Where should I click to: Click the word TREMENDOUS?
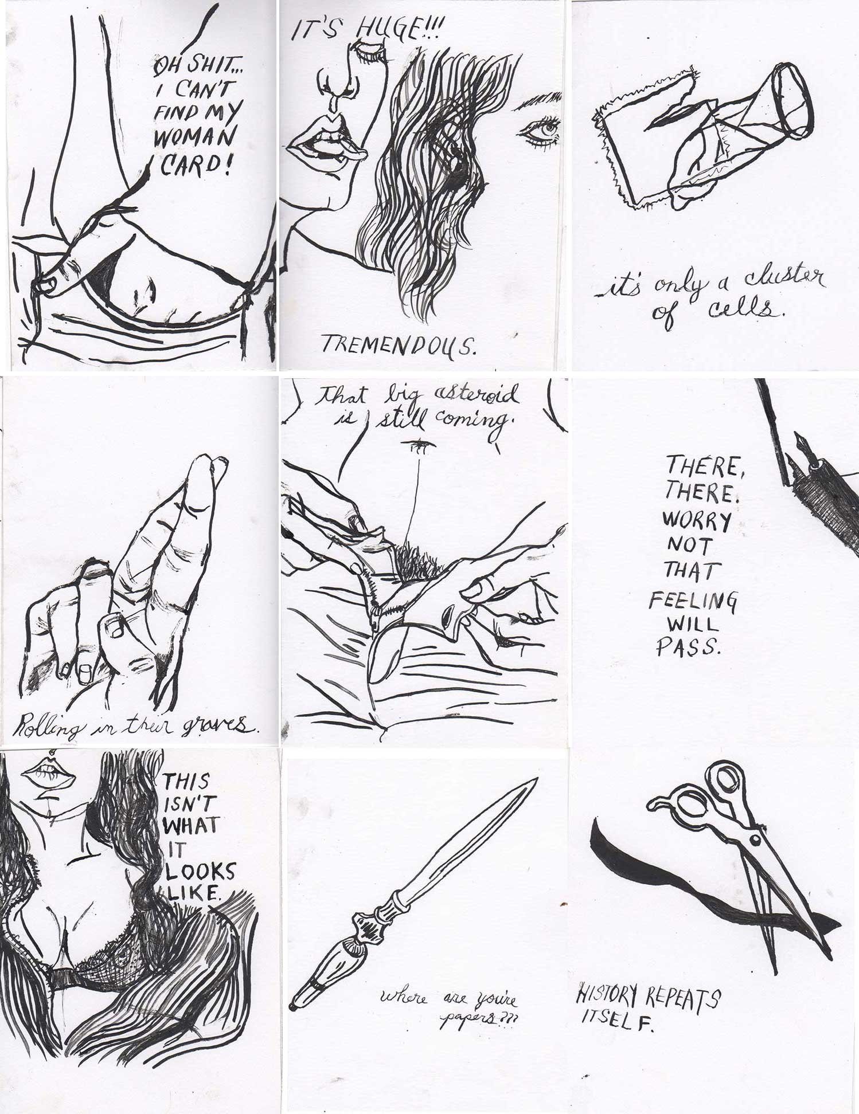click(x=399, y=344)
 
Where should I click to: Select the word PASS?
click(x=687, y=647)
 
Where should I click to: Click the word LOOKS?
click(x=200, y=872)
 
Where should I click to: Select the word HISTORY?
click(x=609, y=997)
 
